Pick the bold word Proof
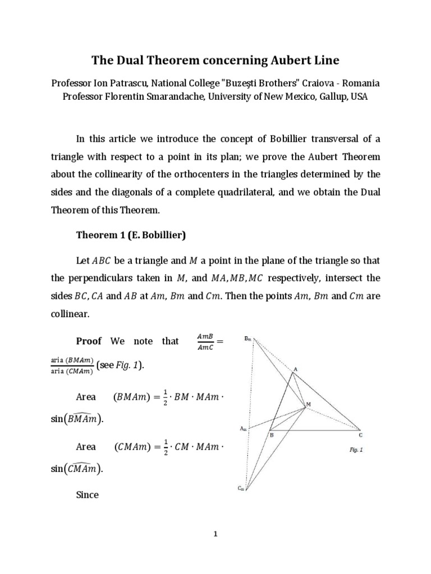(x=89, y=341)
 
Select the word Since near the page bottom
(x=87, y=495)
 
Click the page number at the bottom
(x=215, y=534)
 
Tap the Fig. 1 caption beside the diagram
(x=355, y=449)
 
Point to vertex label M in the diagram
(x=308, y=404)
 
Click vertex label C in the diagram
(x=360, y=434)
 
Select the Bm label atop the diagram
(x=248, y=339)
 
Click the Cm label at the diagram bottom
(x=240, y=488)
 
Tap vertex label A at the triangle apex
(x=295, y=369)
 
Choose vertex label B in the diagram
(x=272, y=435)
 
